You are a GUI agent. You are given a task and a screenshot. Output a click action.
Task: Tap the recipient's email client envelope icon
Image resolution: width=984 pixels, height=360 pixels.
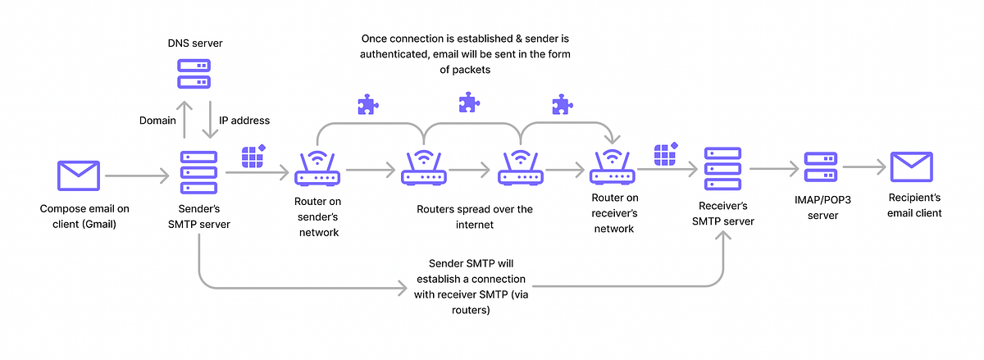[x=911, y=169]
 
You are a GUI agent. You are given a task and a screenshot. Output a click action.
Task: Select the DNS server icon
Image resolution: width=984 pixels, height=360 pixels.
[x=194, y=75]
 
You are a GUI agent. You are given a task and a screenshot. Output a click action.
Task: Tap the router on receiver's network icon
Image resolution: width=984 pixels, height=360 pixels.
[x=612, y=167]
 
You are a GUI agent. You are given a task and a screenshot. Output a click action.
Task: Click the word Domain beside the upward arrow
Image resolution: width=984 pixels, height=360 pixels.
[x=157, y=121]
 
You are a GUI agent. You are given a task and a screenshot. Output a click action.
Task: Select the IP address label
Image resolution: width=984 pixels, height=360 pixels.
[x=244, y=121]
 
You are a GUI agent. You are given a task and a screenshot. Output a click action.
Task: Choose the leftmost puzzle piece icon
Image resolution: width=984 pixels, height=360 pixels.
[x=367, y=104]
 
